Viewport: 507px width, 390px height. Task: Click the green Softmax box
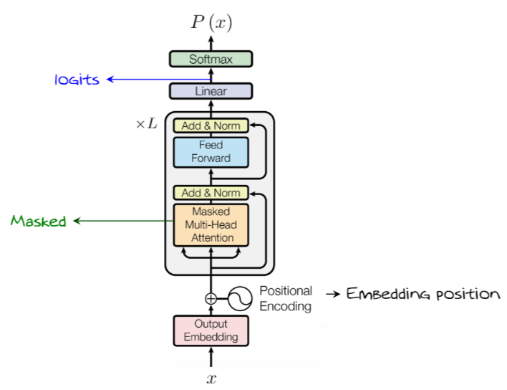pyautogui.click(x=211, y=60)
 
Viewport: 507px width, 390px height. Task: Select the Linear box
pyautogui.click(x=211, y=91)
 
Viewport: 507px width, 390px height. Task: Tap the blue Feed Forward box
pyautogui.click(x=211, y=151)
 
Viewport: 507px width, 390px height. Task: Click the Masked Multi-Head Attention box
pyautogui.click(x=211, y=224)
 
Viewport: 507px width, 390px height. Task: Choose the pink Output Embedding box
pyautogui.click(x=211, y=330)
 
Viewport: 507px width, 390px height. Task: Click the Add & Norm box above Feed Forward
pyautogui.click(x=211, y=125)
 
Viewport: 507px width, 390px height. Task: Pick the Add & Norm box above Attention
pyautogui.click(x=211, y=193)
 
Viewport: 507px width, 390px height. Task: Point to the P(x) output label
pyautogui.click(x=211, y=22)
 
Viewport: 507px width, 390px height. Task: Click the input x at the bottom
pyautogui.click(x=211, y=377)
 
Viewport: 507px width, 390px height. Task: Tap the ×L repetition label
pyautogui.click(x=146, y=124)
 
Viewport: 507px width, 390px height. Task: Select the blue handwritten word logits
pyautogui.click(x=77, y=80)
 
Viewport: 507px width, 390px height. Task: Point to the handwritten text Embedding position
pyautogui.click(x=422, y=294)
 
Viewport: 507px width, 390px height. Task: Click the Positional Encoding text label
pyautogui.click(x=286, y=299)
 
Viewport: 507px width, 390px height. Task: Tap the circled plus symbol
pyautogui.click(x=211, y=299)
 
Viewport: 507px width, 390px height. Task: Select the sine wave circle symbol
pyautogui.click(x=239, y=298)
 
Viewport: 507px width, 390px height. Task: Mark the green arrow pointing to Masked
pyautogui.click(x=122, y=222)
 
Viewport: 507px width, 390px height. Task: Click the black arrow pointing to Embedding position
pyautogui.click(x=332, y=295)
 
